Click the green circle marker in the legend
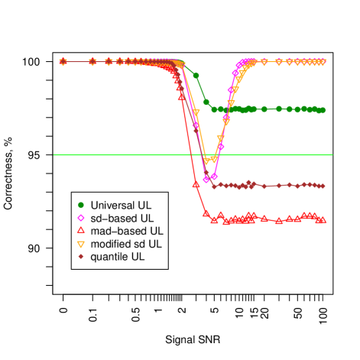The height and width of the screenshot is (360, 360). (81, 205)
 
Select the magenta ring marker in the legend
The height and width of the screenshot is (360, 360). (81, 218)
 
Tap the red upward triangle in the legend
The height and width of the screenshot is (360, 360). (81, 230)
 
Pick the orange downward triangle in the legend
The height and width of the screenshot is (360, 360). (81, 244)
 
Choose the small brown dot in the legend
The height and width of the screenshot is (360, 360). (81, 256)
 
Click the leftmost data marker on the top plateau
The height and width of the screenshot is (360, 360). (63, 62)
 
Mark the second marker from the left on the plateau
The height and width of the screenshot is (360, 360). (92, 62)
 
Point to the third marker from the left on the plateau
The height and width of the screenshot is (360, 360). (109, 62)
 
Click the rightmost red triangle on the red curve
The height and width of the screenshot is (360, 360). (323, 219)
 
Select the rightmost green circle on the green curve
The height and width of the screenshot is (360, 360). (323, 110)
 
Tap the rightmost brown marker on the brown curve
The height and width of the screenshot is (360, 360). (323, 186)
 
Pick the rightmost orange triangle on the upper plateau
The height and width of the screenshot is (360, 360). (323, 62)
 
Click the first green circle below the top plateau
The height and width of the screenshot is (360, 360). (196, 76)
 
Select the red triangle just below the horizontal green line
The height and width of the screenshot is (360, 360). (196, 184)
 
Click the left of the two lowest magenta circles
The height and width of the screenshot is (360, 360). (206, 180)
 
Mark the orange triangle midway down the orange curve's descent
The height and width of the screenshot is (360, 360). (196, 113)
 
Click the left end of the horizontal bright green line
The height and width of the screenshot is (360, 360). (54, 155)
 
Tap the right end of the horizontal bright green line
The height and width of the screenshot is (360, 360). (332, 155)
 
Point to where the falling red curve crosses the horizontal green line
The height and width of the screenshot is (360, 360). (191, 155)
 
